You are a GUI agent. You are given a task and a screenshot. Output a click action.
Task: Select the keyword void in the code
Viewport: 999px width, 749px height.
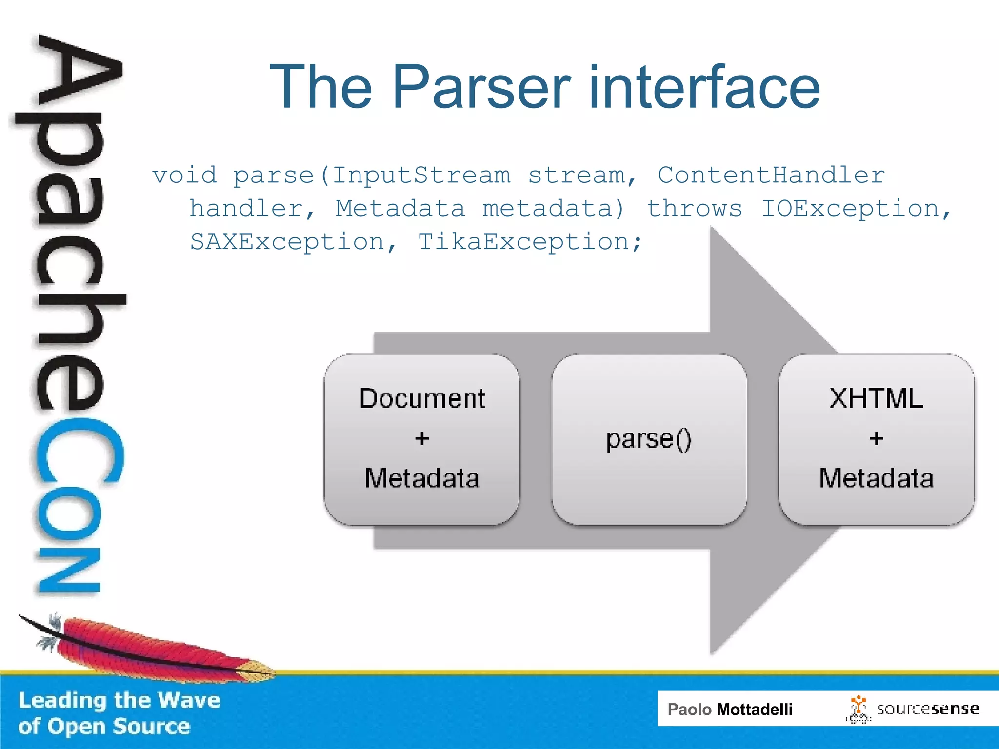[x=184, y=175]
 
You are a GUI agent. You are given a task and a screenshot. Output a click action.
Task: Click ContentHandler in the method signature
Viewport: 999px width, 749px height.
[x=771, y=175]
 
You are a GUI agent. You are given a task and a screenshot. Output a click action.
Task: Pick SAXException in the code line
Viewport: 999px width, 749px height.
[x=287, y=242]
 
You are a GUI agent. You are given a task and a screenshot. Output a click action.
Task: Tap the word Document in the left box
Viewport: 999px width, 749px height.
[x=422, y=398]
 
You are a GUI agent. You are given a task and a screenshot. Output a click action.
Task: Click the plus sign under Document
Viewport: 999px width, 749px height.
[x=422, y=438]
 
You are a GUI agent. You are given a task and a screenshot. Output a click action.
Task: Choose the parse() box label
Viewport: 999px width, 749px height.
[x=649, y=439]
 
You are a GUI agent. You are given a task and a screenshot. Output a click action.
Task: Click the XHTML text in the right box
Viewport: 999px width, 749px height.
[x=876, y=398]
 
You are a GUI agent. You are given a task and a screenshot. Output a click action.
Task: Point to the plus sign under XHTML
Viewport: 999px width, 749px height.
[x=876, y=438]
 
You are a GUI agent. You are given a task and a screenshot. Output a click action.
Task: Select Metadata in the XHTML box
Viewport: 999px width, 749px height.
[x=876, y=478]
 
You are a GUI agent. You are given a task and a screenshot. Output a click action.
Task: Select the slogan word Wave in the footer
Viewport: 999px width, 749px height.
[x=189, y=700]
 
